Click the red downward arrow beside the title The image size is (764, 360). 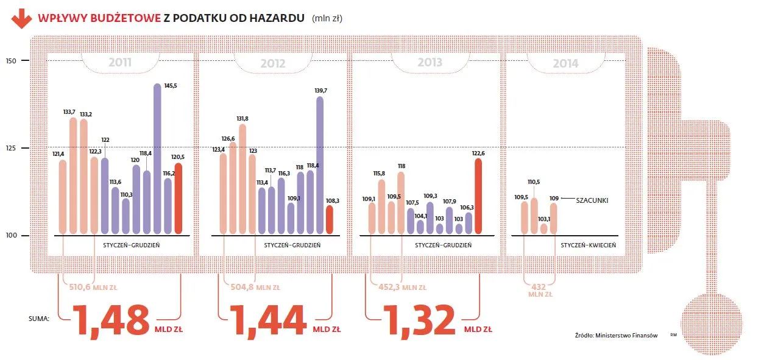pos(21,19)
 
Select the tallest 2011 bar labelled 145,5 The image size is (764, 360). pos(157,158)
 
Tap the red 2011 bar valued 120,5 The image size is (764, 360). pos(178,198)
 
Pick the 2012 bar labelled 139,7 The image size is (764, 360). pos(320,164)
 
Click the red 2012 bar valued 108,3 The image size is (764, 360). pos(330,219)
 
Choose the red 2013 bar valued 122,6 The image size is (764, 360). pos(478,196)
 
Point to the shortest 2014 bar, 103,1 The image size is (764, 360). pos(543,228)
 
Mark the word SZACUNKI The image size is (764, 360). pos(592,199)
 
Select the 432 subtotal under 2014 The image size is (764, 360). pos(539,286)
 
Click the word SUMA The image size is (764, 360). pos(38,318)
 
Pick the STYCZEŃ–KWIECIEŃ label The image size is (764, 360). pos(589,245)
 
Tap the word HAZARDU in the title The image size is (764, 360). pos(273,18)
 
